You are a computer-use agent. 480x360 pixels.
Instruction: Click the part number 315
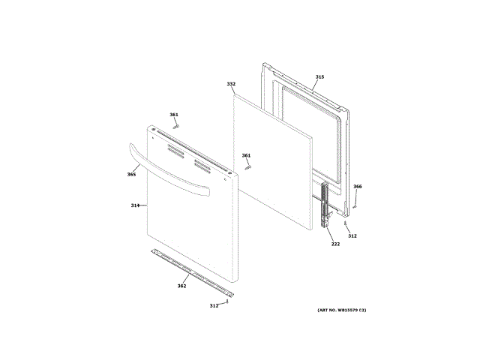point(319,77)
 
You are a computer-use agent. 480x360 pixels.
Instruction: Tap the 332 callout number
point(231,84)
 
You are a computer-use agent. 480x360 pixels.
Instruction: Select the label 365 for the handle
point(131,175)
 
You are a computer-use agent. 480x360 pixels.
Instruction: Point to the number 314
point(135,205)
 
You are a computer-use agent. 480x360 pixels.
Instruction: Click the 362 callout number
point(181,286)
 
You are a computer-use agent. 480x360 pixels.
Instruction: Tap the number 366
point(357,187)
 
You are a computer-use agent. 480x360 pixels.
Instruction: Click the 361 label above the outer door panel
point(174,115)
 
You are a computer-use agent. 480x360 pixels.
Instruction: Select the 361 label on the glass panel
point(246,155)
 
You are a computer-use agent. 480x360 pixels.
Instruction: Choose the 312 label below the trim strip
point(214,305)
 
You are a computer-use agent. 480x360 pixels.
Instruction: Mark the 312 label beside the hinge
point(352,236)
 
